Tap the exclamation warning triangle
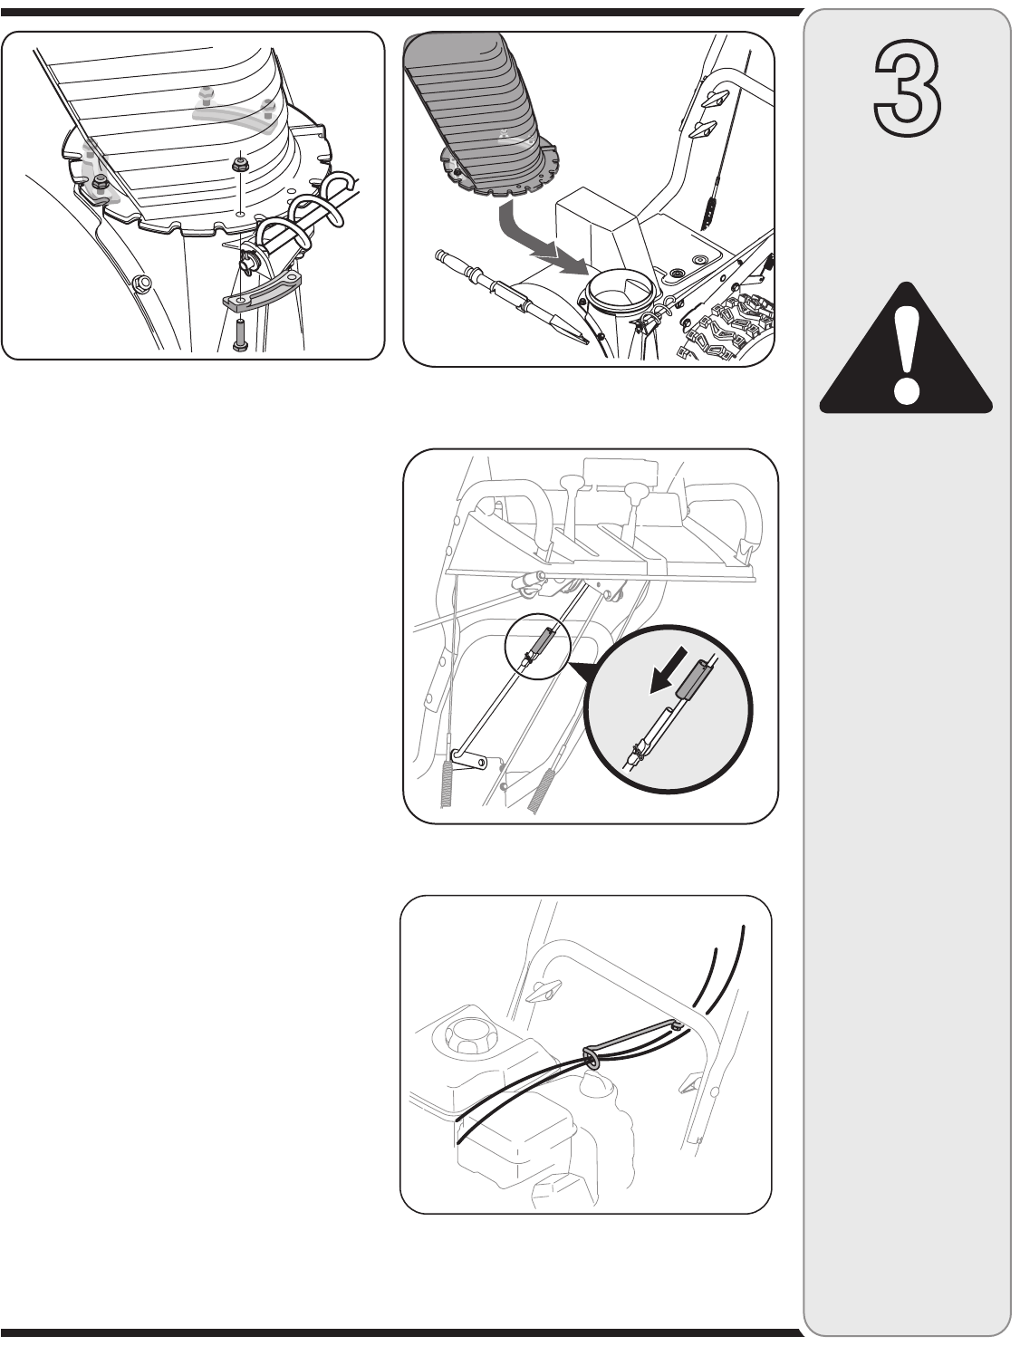click(905, 348)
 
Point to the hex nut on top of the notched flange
click(240, 165)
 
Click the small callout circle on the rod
click(537, 646)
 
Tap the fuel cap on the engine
click(462, 1031)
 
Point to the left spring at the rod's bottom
click(447, 785)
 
